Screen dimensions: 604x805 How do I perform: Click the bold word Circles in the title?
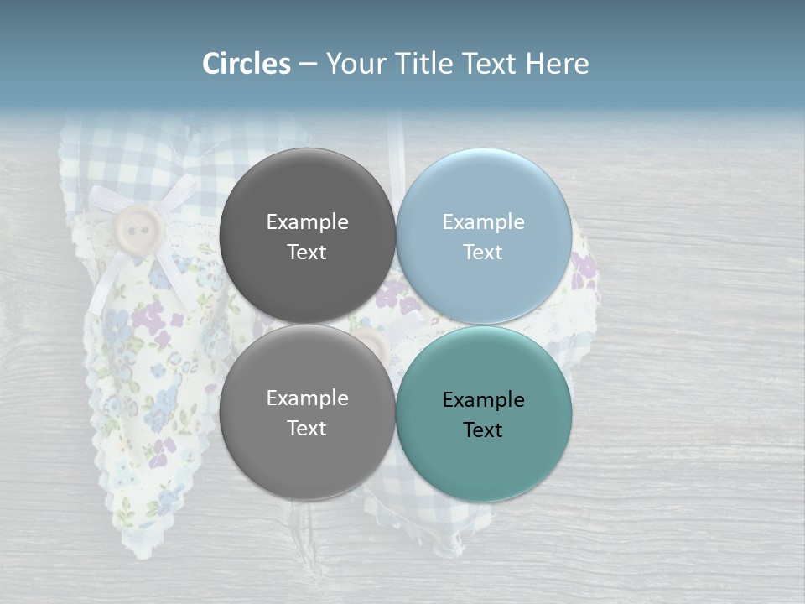247,64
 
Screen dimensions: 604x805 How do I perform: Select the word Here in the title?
557,64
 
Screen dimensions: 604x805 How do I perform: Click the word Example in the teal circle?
484,400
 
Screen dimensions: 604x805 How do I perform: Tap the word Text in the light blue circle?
483,253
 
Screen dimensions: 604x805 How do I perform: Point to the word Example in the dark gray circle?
307,222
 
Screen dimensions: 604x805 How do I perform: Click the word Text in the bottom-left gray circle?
307,429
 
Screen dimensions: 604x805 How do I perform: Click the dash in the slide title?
308,64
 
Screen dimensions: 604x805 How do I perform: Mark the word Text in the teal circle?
483,430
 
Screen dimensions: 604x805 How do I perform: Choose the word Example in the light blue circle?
484,222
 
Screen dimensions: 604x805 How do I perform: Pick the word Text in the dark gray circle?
307,253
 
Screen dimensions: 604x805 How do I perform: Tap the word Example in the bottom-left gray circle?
307,398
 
